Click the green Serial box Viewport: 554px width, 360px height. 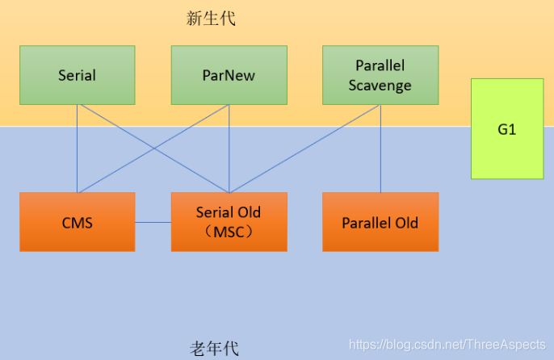pos(77,75)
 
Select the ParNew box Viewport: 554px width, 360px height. pos(229,75)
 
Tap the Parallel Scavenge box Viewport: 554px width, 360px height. pos(380,75)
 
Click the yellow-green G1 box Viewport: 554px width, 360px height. pos(507,129)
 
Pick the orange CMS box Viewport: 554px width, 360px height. pos(77,222)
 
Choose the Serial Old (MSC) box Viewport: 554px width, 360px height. pos(229,222)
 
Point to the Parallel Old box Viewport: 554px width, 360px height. pos(380,222)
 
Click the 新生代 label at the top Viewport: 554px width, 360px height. pos(211,19)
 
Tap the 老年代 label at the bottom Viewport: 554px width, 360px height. pos(214,349)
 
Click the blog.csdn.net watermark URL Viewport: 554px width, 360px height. pos(447,344)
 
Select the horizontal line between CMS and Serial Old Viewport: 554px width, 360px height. pos(153,222)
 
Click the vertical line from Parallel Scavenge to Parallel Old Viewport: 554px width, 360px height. pos(380,149)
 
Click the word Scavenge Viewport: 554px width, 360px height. pos(380,85)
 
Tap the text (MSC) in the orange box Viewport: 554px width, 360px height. pos(229,231)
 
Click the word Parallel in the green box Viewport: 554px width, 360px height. pos(380,65)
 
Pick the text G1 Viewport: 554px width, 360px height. pos(507,129)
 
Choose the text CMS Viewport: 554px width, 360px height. pos(77,222)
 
